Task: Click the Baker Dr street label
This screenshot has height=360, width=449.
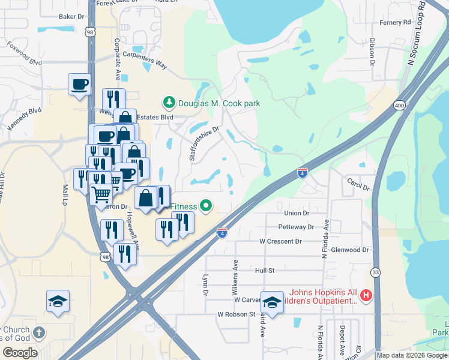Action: [71, 17]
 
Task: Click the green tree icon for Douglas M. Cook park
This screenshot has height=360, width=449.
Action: [169, 103]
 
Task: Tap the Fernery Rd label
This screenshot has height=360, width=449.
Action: [395, 22]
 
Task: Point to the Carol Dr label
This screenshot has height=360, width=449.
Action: [358, 184]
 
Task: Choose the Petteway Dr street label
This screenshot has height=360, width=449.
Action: [296, 227]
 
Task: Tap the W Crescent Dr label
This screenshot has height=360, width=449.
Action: [280, 241]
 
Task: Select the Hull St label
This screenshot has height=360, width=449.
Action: [264, 271]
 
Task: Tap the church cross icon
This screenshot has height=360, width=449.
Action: [39, 332]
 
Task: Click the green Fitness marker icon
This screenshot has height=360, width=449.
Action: [206, 206]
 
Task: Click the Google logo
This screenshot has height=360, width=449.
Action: [20, 353]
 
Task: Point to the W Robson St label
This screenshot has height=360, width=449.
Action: [237, 314]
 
